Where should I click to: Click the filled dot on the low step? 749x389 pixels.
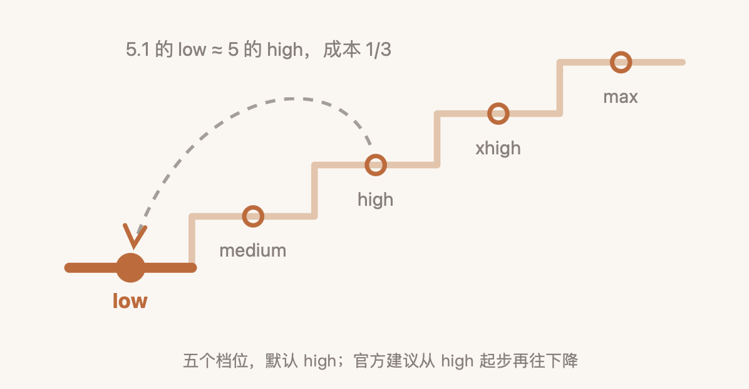[x=130, y=267]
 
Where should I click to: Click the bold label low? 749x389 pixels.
[x=130, y=301]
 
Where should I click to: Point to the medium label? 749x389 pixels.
[x=252, y=250]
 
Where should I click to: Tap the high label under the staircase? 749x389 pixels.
[x=376, y=199]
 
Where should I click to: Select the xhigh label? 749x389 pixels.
[x=498, y=148]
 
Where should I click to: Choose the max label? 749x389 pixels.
[x=621, y=97]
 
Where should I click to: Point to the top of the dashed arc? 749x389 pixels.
[x=291, y=99]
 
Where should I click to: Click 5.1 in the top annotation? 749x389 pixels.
[x=138, y=50]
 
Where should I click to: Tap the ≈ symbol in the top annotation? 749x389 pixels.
[x=217, y=50]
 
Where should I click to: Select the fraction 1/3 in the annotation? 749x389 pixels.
[x=378, y=50]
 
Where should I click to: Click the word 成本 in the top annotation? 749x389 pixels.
[x=341, y=50]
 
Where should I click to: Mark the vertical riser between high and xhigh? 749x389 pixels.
[x=437, y=139]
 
